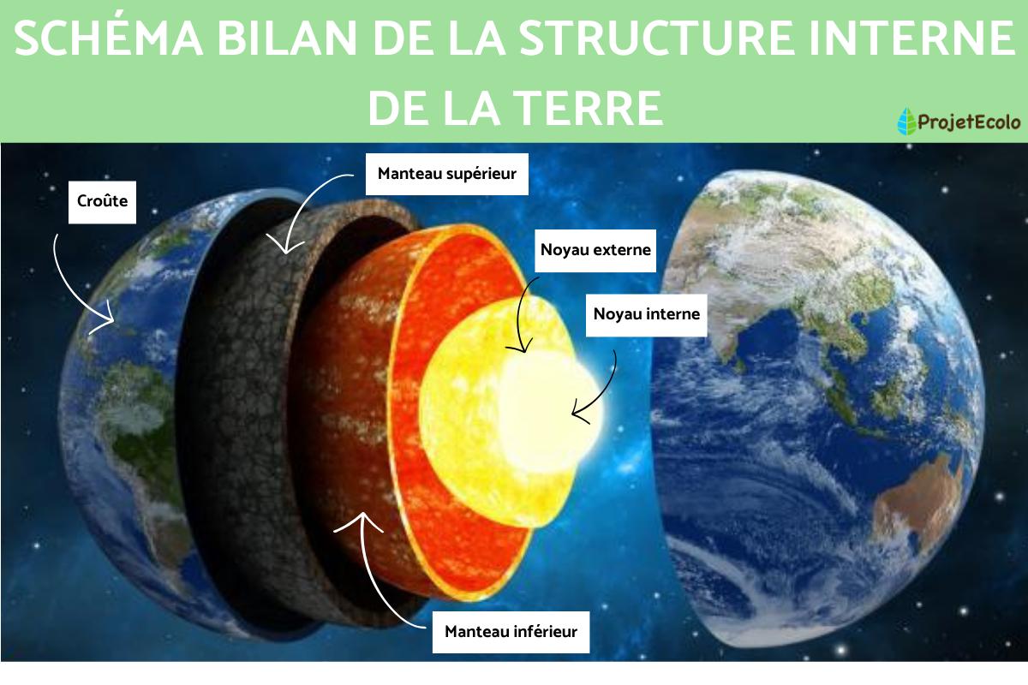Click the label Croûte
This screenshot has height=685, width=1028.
tap(102, 202)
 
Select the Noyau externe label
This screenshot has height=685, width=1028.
tap(595, 250)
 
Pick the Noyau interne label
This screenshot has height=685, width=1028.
tap(647, 314)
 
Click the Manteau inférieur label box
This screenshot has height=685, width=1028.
tap(511, 633)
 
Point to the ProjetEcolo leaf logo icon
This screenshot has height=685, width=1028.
tap(905, 122)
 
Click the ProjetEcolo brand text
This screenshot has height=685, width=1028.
tap(969, 122)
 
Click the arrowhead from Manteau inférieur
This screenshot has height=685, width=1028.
tap(364, 515)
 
